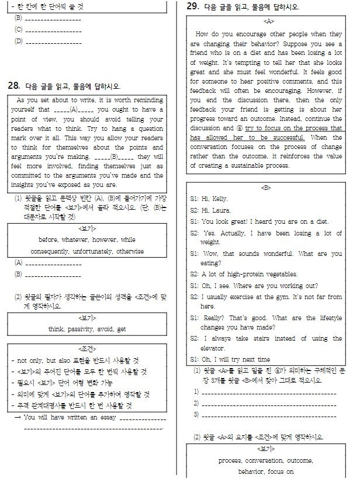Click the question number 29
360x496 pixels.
pos(192,7)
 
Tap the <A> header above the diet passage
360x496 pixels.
pos(269,21)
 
